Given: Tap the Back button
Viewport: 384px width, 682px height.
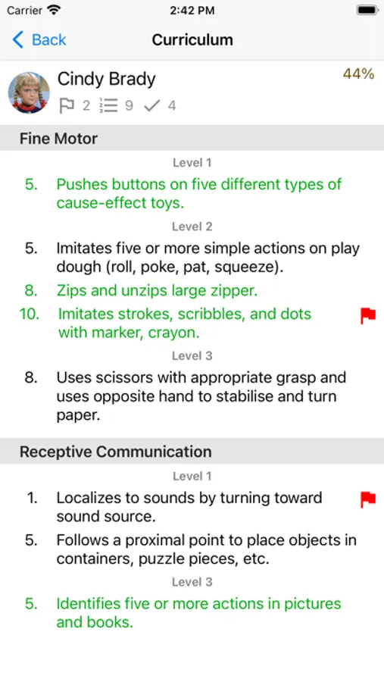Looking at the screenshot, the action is coord(39,40).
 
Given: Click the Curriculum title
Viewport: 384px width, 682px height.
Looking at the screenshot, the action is coord(192,40).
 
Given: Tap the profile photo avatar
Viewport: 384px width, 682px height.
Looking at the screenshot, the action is coord(29,92).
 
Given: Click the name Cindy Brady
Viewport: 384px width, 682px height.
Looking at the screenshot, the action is coord(107,79).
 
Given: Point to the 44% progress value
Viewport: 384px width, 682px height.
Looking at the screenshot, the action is coord(358,74).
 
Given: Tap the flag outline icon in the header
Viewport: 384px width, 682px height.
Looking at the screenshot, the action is coord(67,105).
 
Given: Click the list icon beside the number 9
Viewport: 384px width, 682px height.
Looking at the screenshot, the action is coord(109,105).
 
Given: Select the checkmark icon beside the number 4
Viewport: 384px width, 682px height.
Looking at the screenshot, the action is coord(151,105).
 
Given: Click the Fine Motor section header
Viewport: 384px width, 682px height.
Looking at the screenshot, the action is coord(58,139).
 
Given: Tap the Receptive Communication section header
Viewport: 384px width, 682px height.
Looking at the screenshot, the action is coord(116,452).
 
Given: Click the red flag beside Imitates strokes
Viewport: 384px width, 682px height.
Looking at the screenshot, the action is coord(368,316).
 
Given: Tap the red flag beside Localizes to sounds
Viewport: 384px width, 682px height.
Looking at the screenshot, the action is coord(368,499).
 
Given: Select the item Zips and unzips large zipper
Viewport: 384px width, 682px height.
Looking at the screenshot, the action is coord(157,290).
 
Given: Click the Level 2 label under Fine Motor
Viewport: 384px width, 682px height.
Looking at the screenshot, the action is coord(192,226).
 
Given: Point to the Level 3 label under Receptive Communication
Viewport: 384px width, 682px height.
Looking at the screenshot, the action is coord(192,582).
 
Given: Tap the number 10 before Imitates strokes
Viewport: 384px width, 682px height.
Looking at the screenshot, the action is coord(29,314).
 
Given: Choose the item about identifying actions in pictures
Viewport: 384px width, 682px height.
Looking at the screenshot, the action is coord(198,613).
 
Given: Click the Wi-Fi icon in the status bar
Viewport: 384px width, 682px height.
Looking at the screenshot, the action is coord(54,11).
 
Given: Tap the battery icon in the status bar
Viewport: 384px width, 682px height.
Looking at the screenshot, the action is coord(367,10).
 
